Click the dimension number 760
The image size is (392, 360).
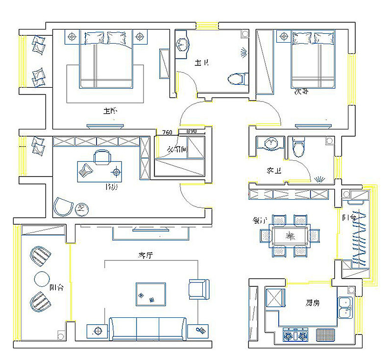pos(167,132)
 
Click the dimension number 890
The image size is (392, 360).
pos(192,131)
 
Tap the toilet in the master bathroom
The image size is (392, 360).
pos(237,78)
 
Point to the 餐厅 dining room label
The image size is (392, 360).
pos(260,220)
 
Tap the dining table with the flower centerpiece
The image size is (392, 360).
pos(289,235)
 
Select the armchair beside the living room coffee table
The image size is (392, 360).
pos(198,289)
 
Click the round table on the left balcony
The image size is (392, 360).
pos(42,279)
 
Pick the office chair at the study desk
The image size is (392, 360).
pos(102,157)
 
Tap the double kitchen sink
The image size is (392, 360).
pos(345,307)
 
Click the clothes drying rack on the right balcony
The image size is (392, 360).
pos(360,238)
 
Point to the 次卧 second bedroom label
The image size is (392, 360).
pos(301,92)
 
